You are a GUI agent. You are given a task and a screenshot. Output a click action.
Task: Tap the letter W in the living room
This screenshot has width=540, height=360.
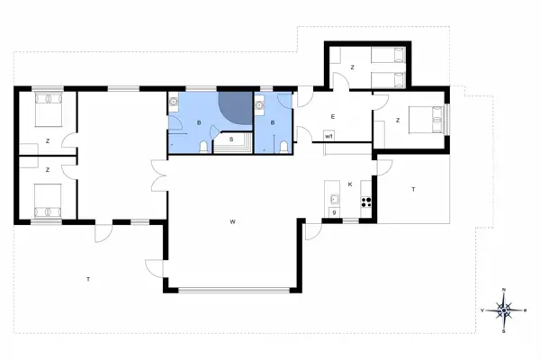(231, 220)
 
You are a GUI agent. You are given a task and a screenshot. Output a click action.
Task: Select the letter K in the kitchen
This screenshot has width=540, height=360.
(350, 184)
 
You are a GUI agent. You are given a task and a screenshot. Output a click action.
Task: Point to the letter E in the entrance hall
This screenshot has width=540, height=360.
(332, 117)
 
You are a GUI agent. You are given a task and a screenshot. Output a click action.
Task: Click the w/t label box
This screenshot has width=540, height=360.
(329, 136)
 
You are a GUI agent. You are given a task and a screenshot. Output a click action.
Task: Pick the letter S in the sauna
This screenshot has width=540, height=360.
(230, 139)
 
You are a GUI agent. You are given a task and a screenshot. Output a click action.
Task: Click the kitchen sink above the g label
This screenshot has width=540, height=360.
(334, 198)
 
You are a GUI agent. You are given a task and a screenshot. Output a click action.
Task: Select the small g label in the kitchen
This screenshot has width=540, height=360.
(334, 212)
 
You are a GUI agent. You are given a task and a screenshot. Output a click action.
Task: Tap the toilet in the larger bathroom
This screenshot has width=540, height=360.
(203, 147)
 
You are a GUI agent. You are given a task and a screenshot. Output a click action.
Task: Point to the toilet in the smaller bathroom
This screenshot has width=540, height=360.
(283, 147)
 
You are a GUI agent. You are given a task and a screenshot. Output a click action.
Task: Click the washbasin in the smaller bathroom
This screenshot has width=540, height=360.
(259, 106)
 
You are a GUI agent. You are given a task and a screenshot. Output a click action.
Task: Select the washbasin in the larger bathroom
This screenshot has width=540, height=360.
(172, 106)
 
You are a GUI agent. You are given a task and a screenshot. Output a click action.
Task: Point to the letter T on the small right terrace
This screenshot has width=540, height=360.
(413, 189)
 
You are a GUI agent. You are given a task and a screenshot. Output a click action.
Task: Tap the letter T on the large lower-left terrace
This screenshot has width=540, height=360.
(88, 280)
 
